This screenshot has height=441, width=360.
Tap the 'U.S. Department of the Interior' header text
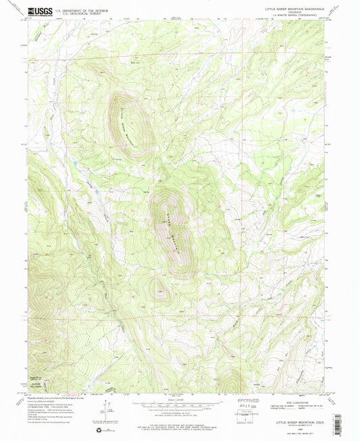(x=86, y=9)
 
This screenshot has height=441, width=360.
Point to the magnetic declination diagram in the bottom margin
(x=110, y=411)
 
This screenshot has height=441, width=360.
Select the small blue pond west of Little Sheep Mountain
(x=76, y=164)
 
